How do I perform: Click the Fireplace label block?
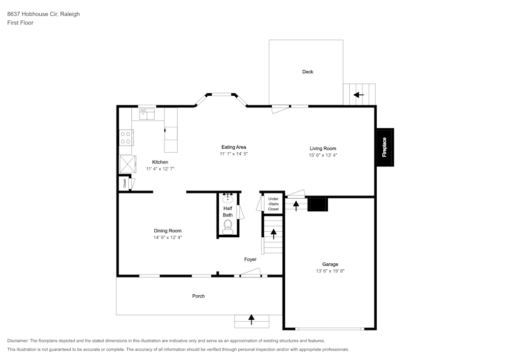coord(384,147)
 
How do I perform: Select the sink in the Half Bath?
coord(228,198)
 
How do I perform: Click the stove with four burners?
coord(126,137)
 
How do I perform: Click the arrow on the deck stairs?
coord(359,95)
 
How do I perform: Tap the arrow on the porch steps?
coord(251,319)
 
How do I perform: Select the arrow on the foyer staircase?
coord(274,234)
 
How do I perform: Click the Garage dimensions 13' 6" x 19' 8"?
coord(330,271)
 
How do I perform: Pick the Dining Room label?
coord(167,231)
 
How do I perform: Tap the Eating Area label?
coord(234,147)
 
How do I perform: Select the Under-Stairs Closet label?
coord(273,204)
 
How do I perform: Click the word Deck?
coord(307,72)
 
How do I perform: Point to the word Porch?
coord(199,296)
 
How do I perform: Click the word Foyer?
coord(250,259)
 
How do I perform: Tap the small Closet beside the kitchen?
coord(125,183)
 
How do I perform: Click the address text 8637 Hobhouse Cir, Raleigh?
coord(43,14)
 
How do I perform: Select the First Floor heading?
coord(20,23)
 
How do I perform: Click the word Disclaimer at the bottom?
coord(18,341)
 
